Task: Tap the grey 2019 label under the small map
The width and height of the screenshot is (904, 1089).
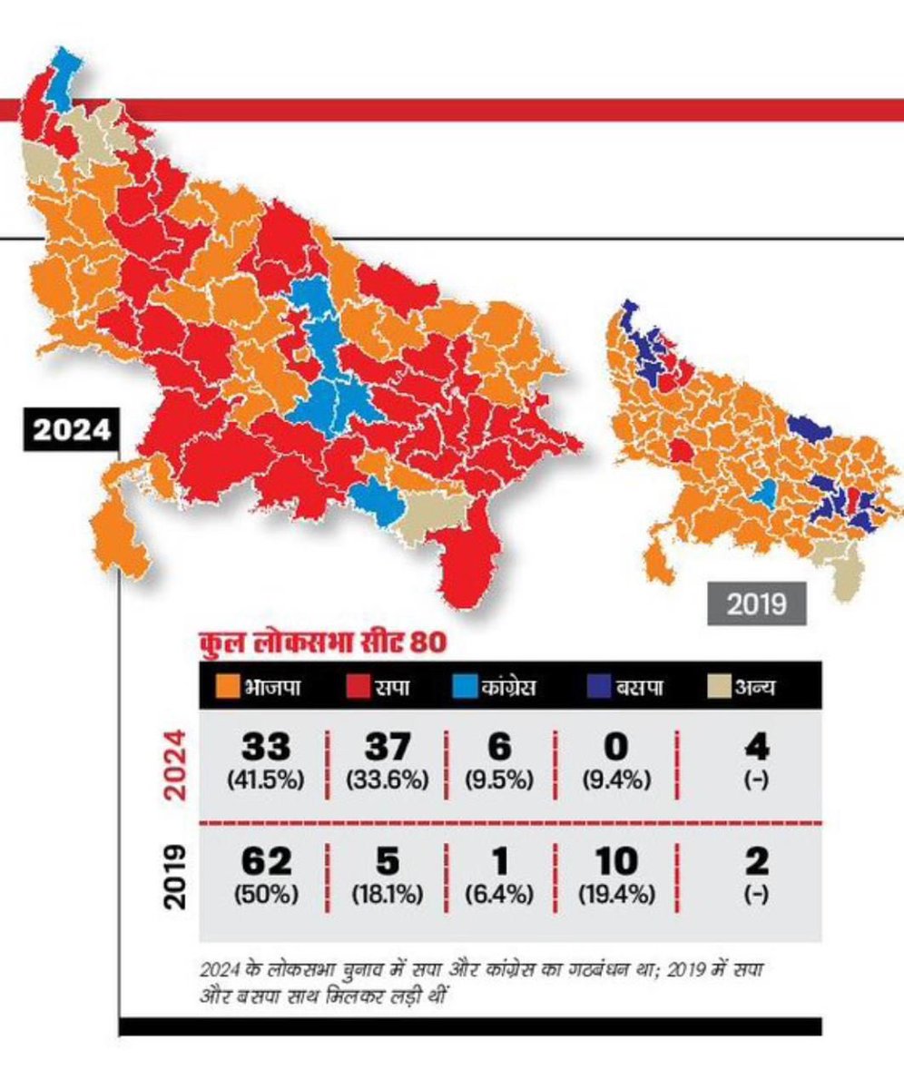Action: pyautogui.click(x=757, y=603)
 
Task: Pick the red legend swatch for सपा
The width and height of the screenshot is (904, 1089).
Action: pyautogui.click(x=358, y=686)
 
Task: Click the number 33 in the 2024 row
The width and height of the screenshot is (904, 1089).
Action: pyautogui.click(x=266, y=749)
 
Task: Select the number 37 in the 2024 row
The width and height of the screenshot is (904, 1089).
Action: pyautogui.click(x=387, y=749)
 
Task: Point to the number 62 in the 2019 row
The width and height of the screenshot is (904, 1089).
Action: pyautogui.click(x=266, y=860)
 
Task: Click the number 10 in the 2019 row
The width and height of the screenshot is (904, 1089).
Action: pyautogui.click(x=616, y=860)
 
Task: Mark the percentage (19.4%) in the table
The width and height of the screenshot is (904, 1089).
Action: pyautogui.click(x=616, y=894)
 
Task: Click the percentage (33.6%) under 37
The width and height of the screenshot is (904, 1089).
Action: pyautogui.click(x=387, y=780)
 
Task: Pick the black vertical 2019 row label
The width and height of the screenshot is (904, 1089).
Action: pyautogui.click(x=176, y=878)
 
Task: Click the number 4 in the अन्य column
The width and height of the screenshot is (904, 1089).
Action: pyautogui.click(x=756, y=749)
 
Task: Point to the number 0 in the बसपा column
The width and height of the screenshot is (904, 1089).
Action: pyautogui.click(x=616, y=749)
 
